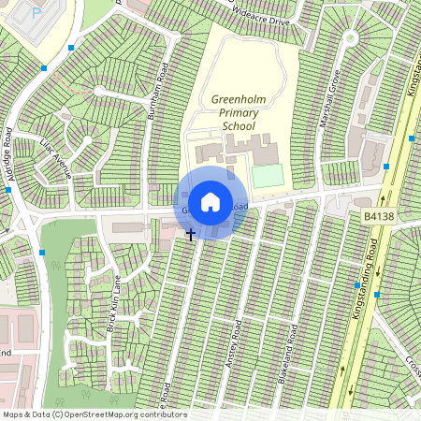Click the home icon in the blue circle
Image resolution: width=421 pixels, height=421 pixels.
click(x=210, y=202)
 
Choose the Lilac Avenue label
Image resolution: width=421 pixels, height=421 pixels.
click(x=56, y=156)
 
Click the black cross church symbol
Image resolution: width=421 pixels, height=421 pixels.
click(x=191, y=234)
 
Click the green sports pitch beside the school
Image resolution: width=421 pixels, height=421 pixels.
click(x=266, y=176)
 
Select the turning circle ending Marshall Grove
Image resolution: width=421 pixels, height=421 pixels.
click(x=350, y=38)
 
